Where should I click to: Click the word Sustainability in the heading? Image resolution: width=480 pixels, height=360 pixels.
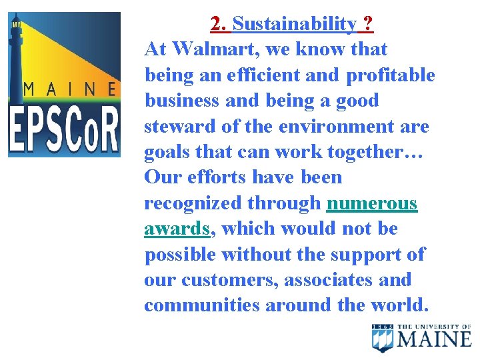[x=294, y=25]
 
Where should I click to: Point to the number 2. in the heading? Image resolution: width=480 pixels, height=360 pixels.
[x=219, y=25]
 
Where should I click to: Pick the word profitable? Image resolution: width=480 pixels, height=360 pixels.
[x=390, y=75]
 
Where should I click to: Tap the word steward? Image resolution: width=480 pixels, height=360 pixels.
[x=177, y=127]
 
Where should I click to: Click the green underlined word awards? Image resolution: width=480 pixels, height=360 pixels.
[x=177, y=229]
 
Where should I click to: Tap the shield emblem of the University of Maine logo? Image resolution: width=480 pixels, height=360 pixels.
[x=383, y=338]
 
